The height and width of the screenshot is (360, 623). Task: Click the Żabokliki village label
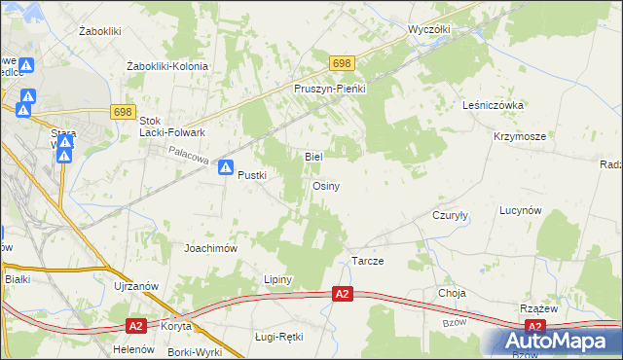[x=99, y=31]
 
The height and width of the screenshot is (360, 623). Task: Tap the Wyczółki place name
[x=429, y=29]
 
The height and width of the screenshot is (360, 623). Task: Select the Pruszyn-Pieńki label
[x=329, y=88]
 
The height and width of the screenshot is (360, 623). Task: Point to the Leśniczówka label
[x=495, y=104]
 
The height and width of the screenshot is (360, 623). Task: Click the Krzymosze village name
[x=519, y=137]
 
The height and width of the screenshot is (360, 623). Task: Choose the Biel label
[x=313, y=156]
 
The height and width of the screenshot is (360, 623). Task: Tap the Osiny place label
[x=325, y=186]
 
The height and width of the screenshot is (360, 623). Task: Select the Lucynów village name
[x=520, y=210]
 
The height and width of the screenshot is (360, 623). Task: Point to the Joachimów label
[x=211, y=248]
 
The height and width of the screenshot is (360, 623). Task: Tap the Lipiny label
[x=278, y=279]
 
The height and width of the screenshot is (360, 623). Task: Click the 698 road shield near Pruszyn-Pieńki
[x=341, y=63]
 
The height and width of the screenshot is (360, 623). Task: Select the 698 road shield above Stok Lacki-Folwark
[x=122, y=113]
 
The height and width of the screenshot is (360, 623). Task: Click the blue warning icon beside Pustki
[x=226, y=167]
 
